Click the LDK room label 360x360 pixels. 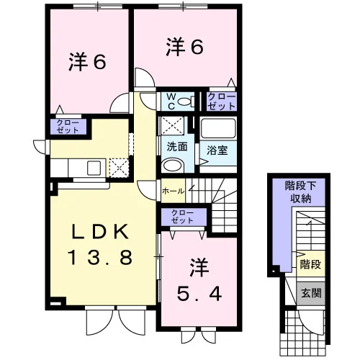coord(100,232)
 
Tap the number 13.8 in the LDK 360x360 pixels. coord(100,257)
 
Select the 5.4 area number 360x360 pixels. coord(199,294)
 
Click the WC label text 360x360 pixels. coord(171,102)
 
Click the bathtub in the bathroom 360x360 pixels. coord(218,128)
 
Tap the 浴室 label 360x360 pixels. coord(217,150)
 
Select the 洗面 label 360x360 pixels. coord(177,147)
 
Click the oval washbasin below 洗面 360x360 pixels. coord(172,165)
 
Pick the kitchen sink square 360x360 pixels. coord(94,168)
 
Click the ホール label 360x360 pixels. coord(173,192)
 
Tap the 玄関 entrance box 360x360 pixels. coord(311,294)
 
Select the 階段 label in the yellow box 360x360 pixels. coord(310,264)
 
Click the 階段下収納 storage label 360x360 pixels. coord(300,192)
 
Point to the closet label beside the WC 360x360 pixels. coord(222,102)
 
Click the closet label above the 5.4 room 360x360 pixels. coord(182,217)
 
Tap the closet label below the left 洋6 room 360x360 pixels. coord(68,127)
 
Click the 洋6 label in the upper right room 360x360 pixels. coord(185,47)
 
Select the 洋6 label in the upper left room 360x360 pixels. coord(87,62)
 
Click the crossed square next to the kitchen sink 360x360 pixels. coord(120,168)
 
